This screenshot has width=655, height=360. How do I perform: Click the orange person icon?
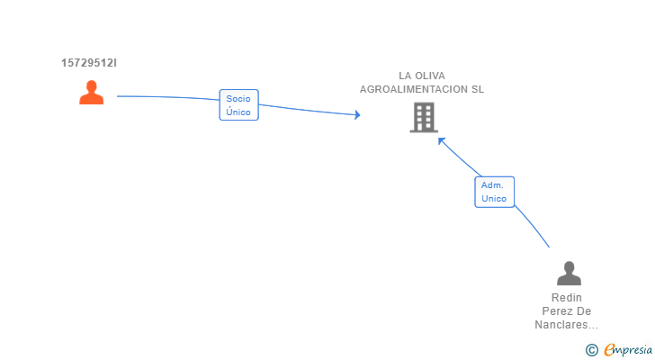(91, 93)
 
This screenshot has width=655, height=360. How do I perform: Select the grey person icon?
(568, 273)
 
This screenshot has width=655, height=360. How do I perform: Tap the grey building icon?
(423, 117)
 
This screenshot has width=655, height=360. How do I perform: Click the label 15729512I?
(89, 63)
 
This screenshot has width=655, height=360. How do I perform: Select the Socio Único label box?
(238, 105)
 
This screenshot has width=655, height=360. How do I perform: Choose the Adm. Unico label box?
(494, 192)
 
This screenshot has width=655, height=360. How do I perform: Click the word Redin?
(567, 298)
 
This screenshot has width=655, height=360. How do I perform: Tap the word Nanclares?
(563, 325)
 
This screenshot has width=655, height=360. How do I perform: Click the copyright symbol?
(591, 350)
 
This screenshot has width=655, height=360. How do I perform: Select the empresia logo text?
(627, 350)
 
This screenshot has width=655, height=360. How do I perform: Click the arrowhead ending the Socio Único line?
(357, 114)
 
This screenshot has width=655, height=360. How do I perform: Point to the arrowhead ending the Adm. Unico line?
(441, 139)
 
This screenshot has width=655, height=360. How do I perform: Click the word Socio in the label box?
(238, 98)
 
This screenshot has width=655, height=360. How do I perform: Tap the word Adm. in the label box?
(491, 184)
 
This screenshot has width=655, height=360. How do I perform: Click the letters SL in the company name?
(476, 89)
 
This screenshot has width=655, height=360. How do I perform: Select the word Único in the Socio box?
(238, 112)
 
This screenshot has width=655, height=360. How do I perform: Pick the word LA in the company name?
(406, 76)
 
